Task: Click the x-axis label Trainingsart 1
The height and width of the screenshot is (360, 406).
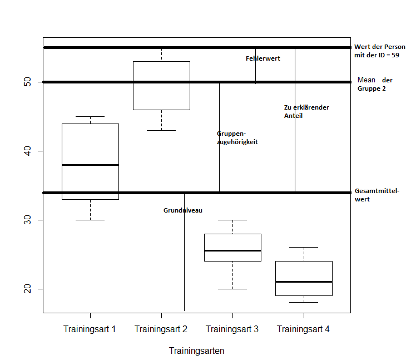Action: pos(90,329)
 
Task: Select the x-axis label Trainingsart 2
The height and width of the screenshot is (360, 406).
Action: pos(161,329)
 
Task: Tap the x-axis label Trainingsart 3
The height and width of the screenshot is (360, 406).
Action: pos(232,329)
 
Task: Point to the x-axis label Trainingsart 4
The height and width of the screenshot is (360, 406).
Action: pos(303,329)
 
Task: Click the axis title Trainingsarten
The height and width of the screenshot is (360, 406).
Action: pos(196,351)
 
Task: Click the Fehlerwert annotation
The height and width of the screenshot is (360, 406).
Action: pos(263,58)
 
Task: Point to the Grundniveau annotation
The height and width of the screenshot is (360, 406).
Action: pos(182,211)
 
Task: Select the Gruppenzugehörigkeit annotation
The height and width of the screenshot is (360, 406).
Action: pos(237,138)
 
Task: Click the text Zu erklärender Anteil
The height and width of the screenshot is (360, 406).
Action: pos(306,111)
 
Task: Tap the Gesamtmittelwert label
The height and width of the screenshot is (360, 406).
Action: pos(377,195)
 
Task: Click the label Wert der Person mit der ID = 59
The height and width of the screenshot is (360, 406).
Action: pos(379,51)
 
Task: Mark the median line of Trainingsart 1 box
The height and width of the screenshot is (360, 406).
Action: pos(90,165)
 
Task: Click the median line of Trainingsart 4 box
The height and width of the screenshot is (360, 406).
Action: pos(304,282)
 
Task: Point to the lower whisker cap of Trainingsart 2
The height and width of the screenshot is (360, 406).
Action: pos(161,130)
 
